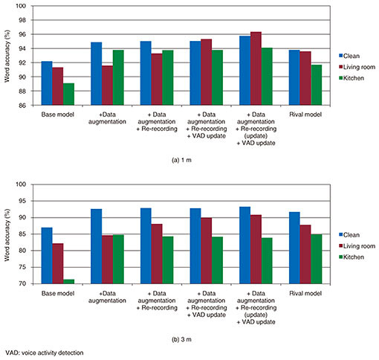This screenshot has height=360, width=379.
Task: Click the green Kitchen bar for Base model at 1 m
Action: click(68, 94)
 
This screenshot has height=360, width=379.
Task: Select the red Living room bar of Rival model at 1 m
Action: click(305, 78)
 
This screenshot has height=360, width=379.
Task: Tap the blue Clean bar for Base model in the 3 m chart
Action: click(47, 256)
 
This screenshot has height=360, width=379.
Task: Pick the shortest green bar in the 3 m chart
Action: click(68, 282)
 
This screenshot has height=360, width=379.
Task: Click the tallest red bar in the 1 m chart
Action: click(256, 68)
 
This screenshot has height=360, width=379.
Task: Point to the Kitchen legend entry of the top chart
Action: click(352, 78)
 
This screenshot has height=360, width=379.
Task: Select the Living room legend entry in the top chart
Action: click(357, 67)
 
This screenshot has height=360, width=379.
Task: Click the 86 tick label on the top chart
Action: click(22, 106)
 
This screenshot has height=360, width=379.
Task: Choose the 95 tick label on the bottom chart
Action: click(22, 201)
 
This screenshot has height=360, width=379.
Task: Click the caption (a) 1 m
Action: click(181, 160)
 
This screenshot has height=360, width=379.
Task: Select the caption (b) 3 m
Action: click(181, 339)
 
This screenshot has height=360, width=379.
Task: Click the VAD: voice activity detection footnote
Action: click(45, 353)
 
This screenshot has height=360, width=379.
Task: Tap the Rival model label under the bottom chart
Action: click(305, 294)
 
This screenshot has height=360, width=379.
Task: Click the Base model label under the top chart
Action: click(58, 115)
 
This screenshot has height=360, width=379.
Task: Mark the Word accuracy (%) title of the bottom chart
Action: click(7, 235)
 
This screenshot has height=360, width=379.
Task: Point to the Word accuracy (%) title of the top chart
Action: click(7, 56)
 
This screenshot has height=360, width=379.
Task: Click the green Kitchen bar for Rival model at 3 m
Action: click(317, 259)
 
